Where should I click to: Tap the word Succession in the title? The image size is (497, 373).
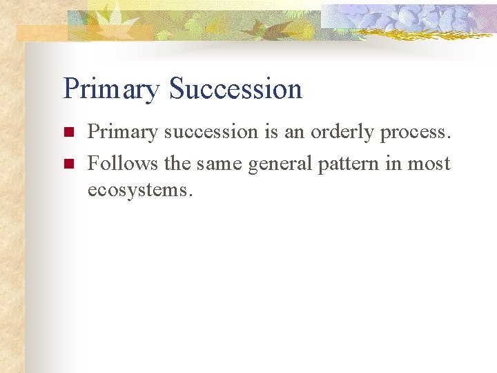point(235,89)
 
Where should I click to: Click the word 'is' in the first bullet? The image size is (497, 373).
point(272,132)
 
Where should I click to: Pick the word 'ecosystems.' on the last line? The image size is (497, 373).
point(139,189)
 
